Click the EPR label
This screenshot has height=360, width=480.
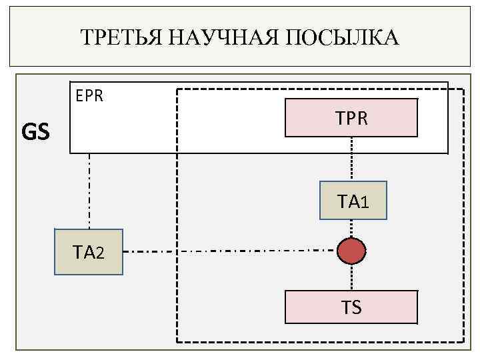89,96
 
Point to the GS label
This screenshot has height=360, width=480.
35,133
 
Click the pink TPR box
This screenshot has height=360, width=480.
351,117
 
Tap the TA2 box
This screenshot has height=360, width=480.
89,252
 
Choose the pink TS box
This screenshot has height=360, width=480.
351,307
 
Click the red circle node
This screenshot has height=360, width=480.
352,251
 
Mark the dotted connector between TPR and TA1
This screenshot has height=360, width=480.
352,159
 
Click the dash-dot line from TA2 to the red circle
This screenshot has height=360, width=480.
227,251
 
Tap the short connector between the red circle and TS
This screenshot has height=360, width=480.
352,278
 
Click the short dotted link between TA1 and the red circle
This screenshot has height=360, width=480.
352,228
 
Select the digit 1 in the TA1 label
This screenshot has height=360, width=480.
364,201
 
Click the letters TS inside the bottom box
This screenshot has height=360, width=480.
351,307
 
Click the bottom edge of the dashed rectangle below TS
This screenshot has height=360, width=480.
320,343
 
